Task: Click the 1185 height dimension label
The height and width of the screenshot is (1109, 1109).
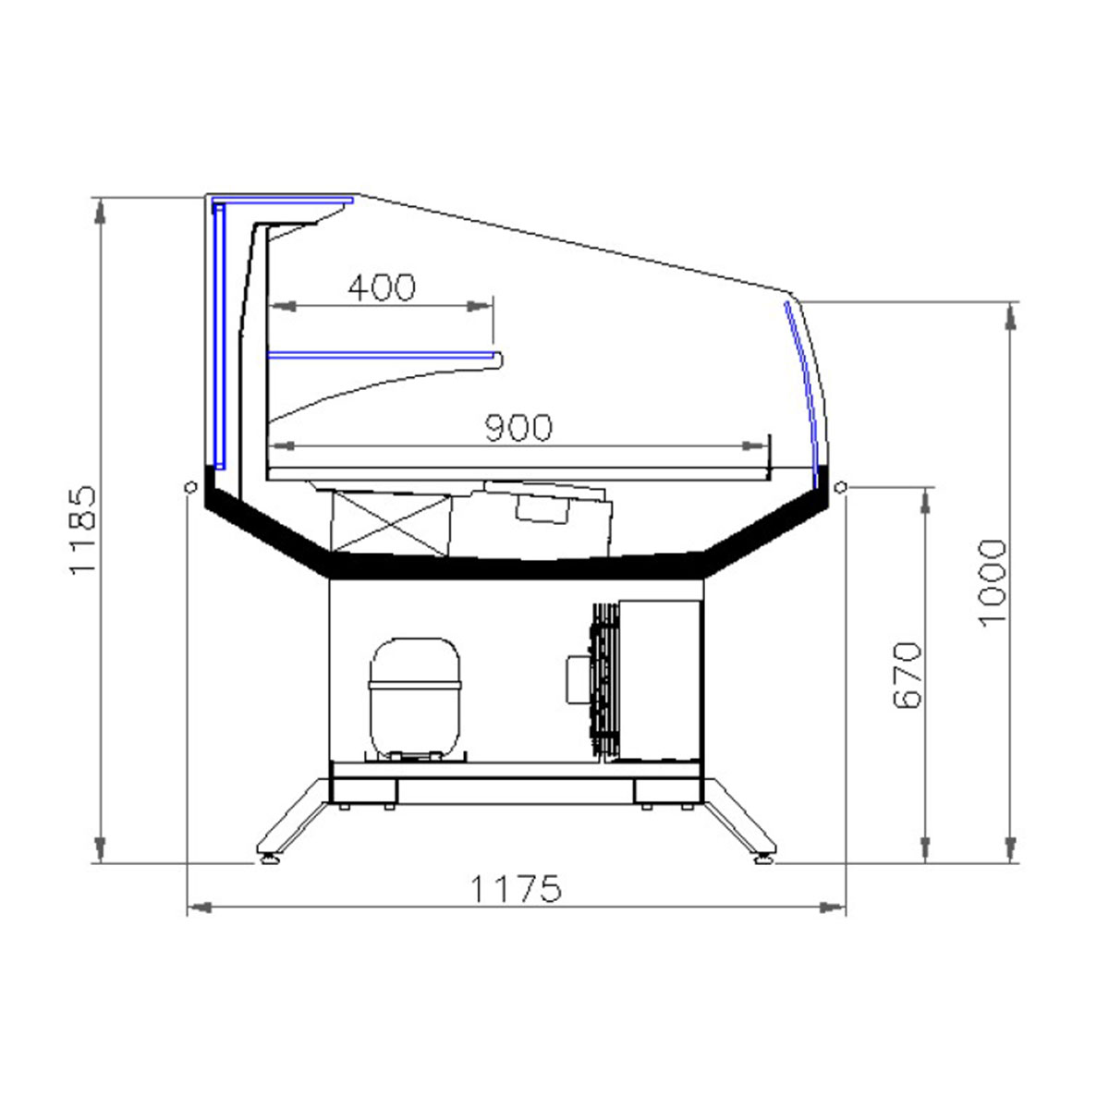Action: pyautogui.click(x=81, y=530)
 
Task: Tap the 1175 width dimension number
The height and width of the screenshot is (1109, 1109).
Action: pyautogui.click(x=516, y=888)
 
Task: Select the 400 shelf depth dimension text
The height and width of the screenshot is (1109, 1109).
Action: pyautogui.click(x=382, y=287)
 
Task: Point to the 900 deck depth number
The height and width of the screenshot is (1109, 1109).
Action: pyautogui.click(x=518, y=428)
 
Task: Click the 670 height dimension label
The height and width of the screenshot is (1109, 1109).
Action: pyautogui.click(x=908, y=675)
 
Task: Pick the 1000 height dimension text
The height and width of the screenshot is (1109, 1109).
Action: pyautogui.click(x=992, y=583)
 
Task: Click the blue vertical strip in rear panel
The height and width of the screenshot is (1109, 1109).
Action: pyautogui.click(x=219, y=336)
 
